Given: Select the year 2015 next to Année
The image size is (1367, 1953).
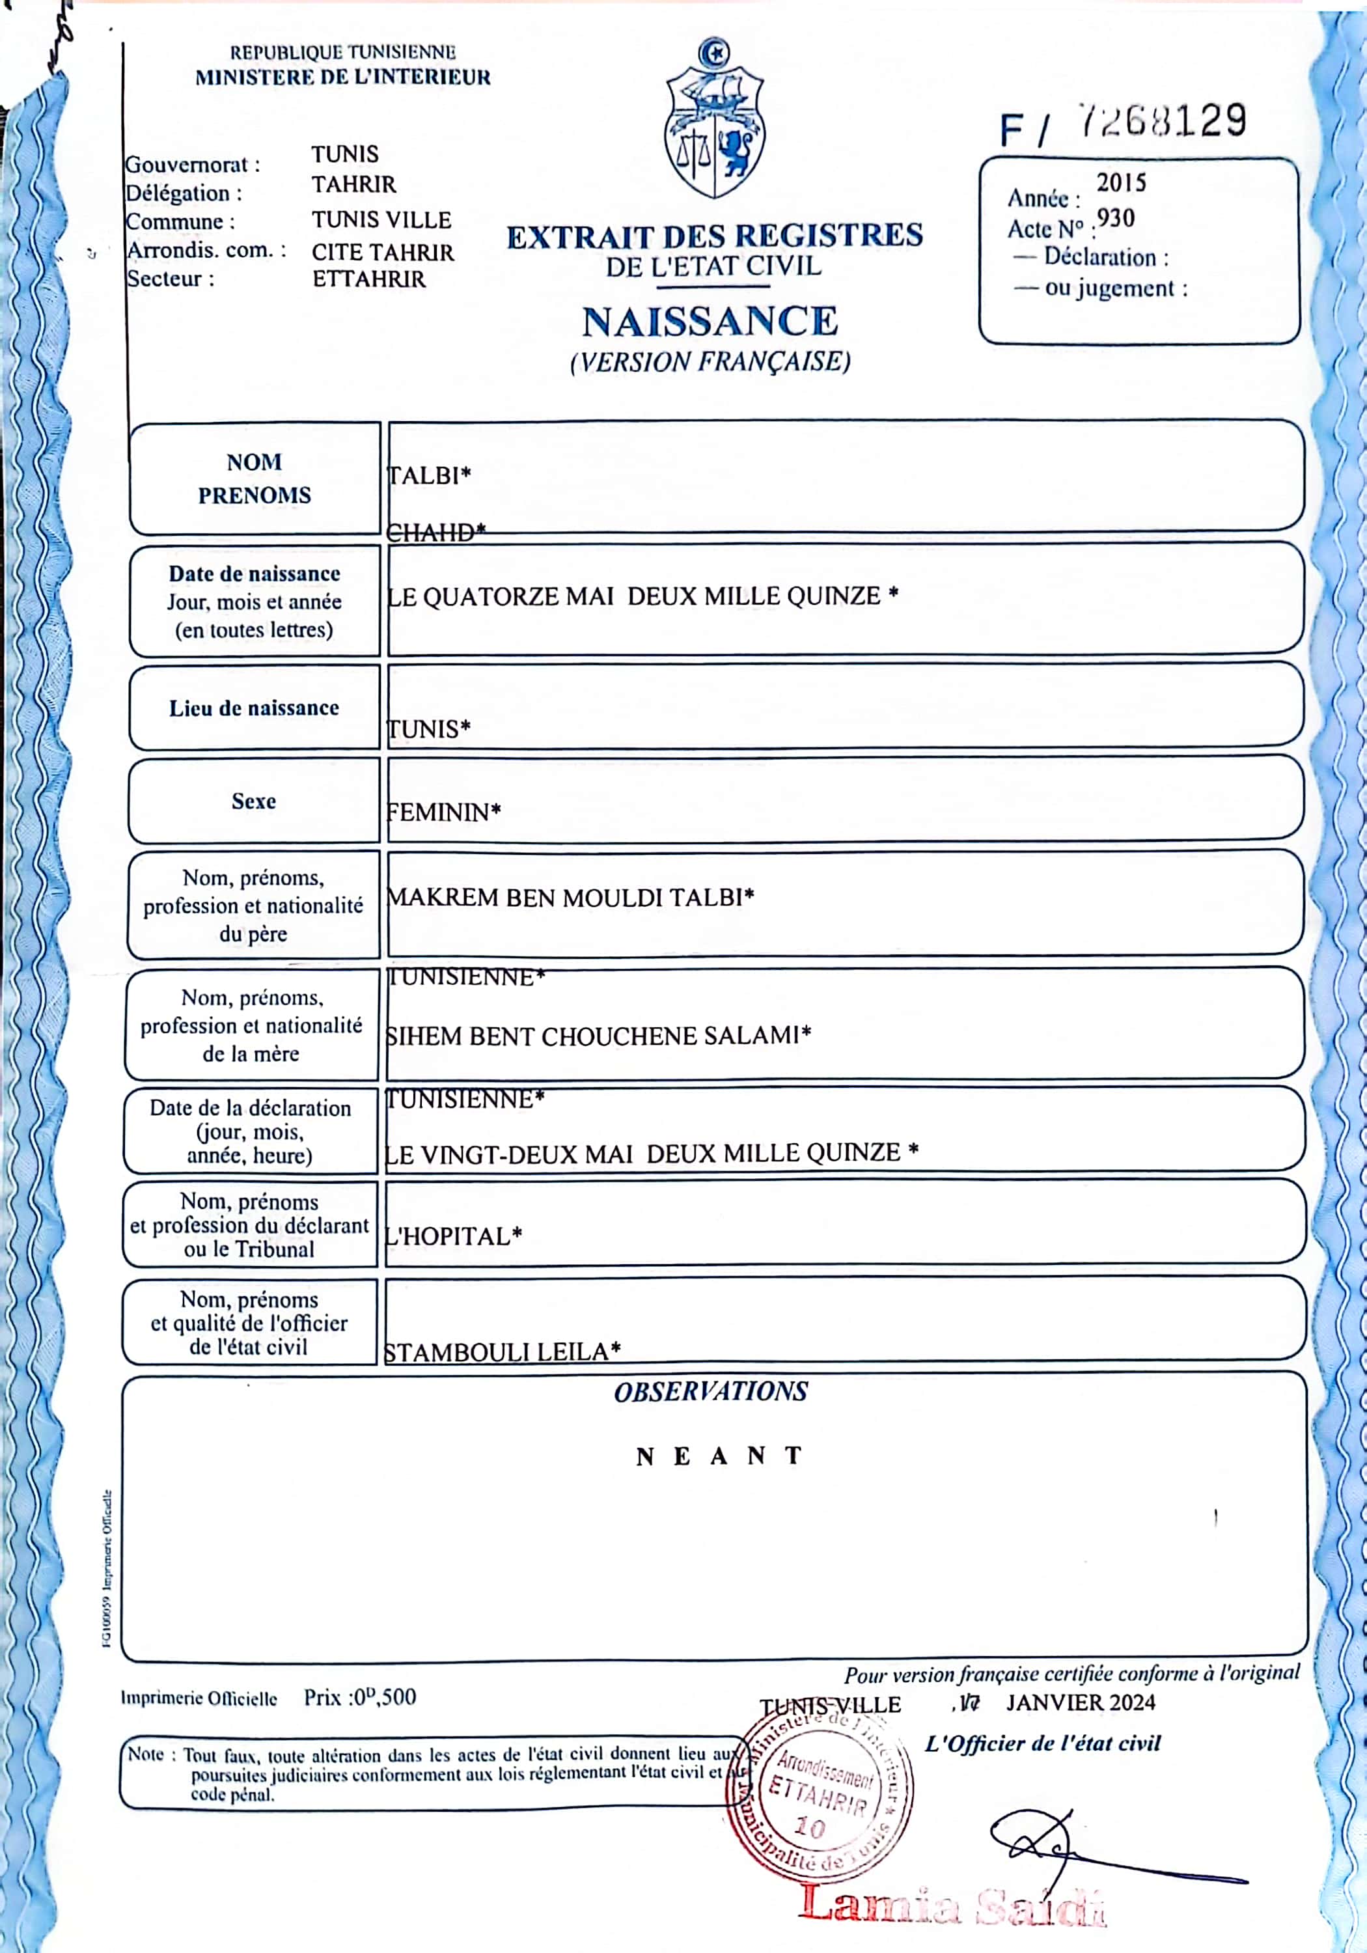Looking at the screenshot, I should click(x=1120, y=183).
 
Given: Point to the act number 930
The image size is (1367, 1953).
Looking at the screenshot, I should click(x=1115, y=219).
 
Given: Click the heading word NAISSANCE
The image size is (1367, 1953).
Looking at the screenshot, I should click(x=710, y=322).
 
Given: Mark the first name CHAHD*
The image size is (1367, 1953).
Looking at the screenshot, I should click(x=435, y=533).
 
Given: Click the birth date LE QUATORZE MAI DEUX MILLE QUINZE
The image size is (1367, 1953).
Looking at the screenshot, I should click(x=642, y=596).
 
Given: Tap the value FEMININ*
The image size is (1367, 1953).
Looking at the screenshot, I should click(x=443, y=812).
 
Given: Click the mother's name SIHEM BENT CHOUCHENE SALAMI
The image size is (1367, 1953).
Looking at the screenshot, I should click(x=598, y=1035).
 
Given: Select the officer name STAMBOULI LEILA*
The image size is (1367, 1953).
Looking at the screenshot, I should click(x=502, y=1351).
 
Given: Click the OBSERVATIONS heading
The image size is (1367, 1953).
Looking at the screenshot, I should click(x=710, y=1392).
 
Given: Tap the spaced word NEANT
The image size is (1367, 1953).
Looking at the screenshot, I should click(x=719, y=1456).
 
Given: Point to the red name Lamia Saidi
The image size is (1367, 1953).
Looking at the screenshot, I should click(x=953, y=1905).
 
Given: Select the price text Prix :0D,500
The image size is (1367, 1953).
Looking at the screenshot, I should click(x=360, y=1697).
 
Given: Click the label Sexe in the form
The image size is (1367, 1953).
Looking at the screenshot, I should click(x=253, y=801).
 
